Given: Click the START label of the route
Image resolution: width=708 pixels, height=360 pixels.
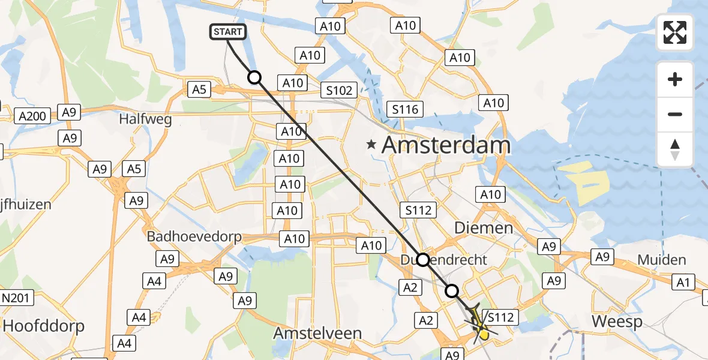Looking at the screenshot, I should [x=227, y=32].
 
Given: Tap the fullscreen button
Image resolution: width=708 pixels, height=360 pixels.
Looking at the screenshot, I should [x=675, y=32].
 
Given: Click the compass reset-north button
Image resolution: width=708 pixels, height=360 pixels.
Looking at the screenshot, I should [x=675, y=149].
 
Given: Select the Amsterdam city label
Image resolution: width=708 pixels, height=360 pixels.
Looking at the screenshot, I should [x=446, y=145].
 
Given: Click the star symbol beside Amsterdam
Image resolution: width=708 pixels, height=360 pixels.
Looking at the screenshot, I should [x=372, y=145].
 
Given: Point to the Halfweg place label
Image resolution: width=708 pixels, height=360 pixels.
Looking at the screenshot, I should [x=145, y=119].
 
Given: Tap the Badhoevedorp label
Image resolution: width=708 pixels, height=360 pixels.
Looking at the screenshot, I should [x=194, y=236].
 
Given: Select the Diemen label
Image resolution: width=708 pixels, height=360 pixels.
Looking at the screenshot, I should [x=484, y=228].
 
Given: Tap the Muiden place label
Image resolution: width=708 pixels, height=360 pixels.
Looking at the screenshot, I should [x=662, y=260].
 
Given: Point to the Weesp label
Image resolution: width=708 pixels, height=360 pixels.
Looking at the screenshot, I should [x=617, y=321].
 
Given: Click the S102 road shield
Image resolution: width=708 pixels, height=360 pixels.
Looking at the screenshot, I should [x=338, y=90].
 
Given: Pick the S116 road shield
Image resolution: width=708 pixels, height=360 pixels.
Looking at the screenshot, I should [x=405, y=109].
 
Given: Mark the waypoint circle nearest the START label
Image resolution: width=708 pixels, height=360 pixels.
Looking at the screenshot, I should [x=254, y=77].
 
